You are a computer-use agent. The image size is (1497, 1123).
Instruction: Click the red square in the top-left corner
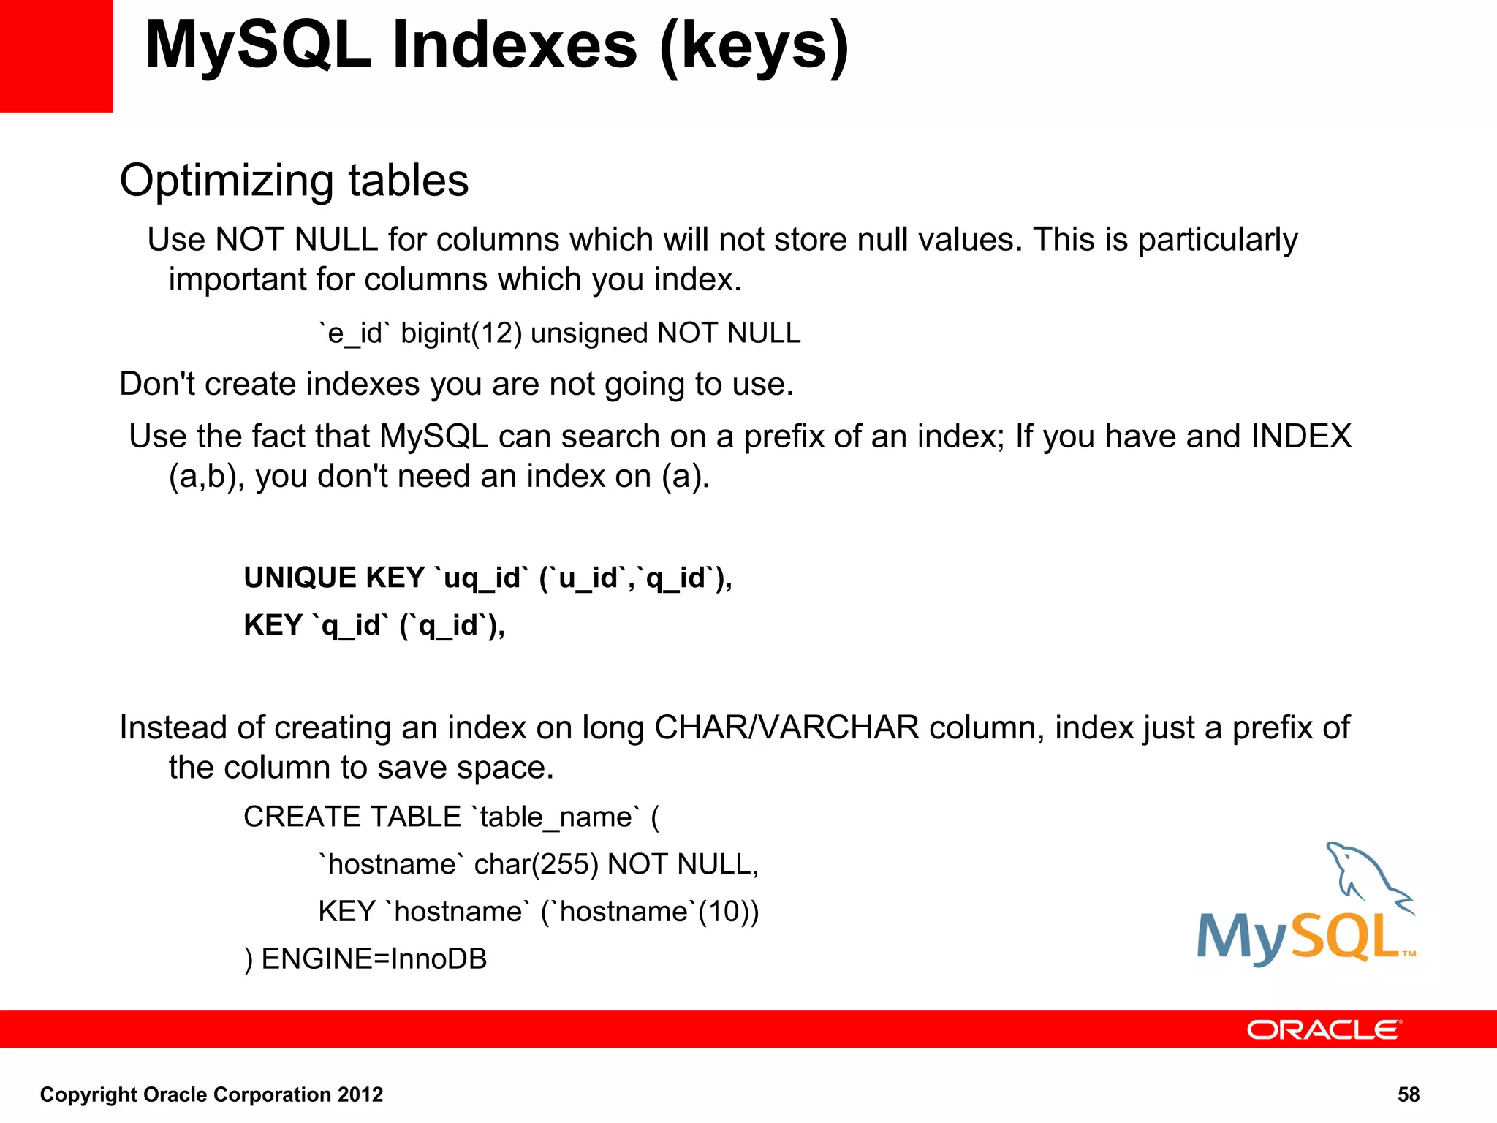[56, 56]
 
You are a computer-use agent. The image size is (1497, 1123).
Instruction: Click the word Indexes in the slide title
[515, 45]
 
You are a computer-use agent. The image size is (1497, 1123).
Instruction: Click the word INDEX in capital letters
[1301, 436]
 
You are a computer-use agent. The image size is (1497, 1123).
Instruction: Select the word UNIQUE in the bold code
[299, 578]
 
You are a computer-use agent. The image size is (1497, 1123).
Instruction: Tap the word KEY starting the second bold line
[273, 625]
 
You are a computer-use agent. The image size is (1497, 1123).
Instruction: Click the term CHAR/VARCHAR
[787, 727]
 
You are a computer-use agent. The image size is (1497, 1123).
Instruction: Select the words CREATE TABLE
[352, 817]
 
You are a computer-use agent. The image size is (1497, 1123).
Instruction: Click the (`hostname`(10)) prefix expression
[650, 912]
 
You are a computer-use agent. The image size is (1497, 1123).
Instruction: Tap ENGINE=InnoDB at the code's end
[374, 959]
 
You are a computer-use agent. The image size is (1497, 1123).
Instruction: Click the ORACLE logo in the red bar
[1324, 1030]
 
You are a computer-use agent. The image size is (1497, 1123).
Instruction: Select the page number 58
[1408, 1094]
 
